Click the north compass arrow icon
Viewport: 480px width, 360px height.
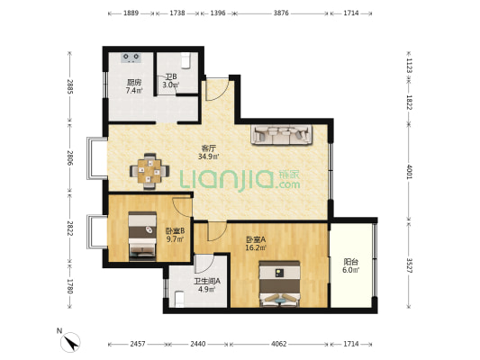pos(70,342)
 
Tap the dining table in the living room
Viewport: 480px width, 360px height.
pos(149,171)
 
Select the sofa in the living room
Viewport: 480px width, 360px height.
pos(282,134)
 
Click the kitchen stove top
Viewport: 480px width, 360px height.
pos(131,58)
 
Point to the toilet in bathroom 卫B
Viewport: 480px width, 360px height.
pos(186,60)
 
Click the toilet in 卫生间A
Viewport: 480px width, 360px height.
pos(179,299)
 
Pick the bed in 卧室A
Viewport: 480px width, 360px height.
pos(279,283)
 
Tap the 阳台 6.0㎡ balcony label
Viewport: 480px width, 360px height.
pos(351,265)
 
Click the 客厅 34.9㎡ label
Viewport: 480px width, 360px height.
pos(209,153)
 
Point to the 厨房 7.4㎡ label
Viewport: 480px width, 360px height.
pos(134,86)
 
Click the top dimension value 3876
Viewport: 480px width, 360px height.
pos(281,13)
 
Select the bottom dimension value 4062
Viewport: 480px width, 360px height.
pos(279,344)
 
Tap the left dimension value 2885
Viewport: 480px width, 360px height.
pos(70,86)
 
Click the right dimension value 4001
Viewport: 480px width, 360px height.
pos(409,172)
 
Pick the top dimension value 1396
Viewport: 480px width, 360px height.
pos(218,13)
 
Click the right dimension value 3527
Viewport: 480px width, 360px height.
pos(409,265)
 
